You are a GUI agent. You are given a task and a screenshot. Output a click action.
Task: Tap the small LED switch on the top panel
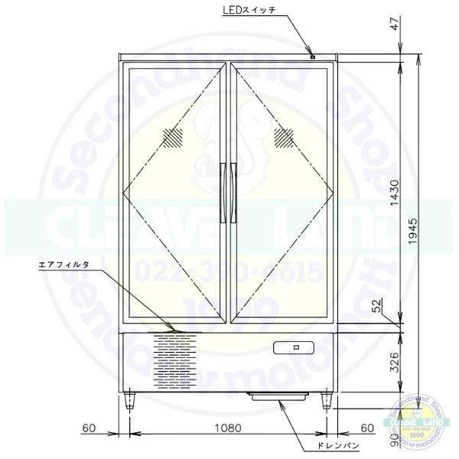point(313,56)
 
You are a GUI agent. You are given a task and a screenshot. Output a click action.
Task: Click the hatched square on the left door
point(174,138)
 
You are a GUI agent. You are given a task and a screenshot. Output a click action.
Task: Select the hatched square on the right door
point(285,138)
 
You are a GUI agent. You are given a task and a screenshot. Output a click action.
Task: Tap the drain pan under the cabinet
point(277,396)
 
